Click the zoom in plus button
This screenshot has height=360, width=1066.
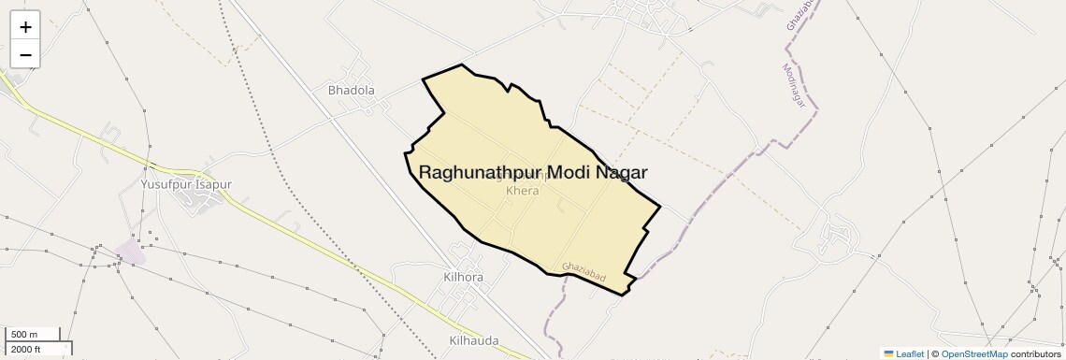(25, 27)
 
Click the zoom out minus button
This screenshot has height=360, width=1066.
(25, 55)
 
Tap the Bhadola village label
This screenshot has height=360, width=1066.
(352, 91)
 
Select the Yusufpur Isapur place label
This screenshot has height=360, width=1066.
(185, 184)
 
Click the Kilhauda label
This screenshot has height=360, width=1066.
(474, 340)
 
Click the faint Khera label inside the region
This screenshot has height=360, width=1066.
(523, 191)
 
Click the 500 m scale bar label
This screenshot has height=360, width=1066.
(25, 335)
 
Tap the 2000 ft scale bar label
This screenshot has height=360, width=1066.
(27, 349)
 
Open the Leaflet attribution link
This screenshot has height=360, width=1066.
(910, 353)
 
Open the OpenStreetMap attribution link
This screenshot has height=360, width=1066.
(973, 353)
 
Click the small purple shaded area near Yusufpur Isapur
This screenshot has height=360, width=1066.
(130, 250)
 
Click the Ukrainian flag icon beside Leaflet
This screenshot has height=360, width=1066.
(889, 353)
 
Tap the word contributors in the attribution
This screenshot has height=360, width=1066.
(1035, 353)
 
